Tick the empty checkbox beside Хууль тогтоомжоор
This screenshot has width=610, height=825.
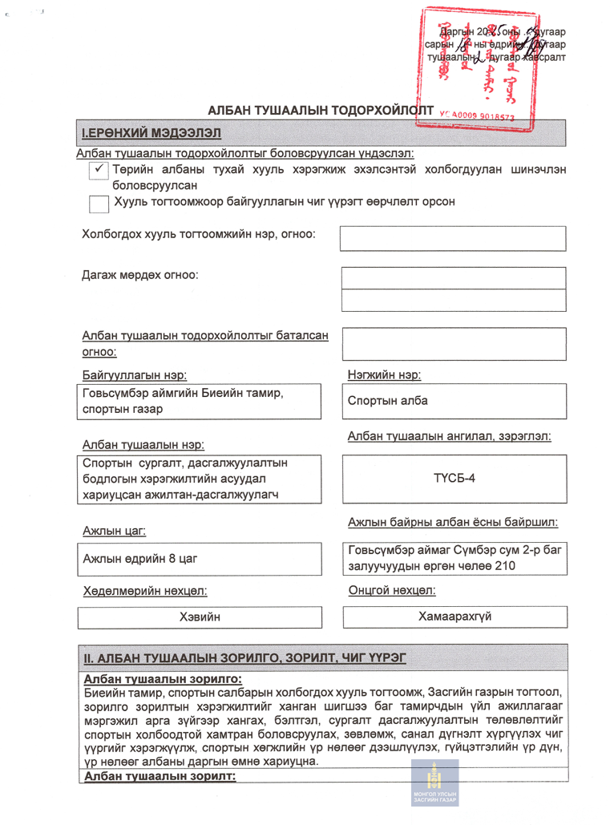click(99, 204)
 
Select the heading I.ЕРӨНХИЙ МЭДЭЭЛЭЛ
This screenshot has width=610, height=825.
click(151, 132)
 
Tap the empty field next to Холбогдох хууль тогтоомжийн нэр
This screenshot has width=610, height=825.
click(454, 238)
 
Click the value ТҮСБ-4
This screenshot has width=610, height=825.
click(454, 479)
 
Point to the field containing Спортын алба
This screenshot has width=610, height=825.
click(454, 401)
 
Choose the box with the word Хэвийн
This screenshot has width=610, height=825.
click(200, 617)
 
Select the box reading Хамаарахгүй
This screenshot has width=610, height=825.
click(454, 617)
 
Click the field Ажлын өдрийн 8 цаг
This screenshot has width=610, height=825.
click(200, 558)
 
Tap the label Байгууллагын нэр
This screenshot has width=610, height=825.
click(135, 375)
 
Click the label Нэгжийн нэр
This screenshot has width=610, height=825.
click(385, 374)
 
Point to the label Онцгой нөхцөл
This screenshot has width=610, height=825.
click(392, 591)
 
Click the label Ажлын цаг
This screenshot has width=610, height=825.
click(115, 531)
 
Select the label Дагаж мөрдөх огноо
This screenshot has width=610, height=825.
click(140, 275)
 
